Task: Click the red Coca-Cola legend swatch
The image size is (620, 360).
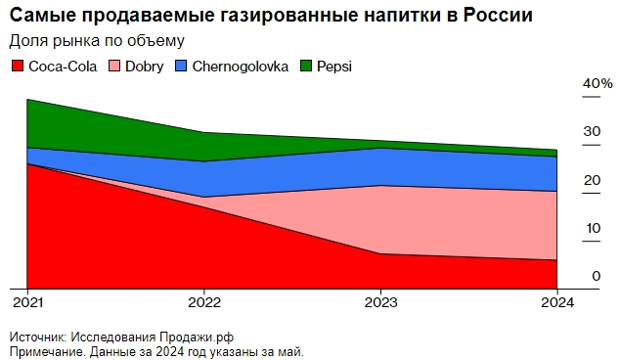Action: [18, 67]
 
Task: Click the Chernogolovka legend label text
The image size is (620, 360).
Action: [240, 67]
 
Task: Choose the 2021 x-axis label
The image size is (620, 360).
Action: [27, 301]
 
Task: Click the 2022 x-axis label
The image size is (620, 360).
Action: [203, 301]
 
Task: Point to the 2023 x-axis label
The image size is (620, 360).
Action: [379, 301]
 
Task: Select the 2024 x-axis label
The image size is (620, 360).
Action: [556, 301]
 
